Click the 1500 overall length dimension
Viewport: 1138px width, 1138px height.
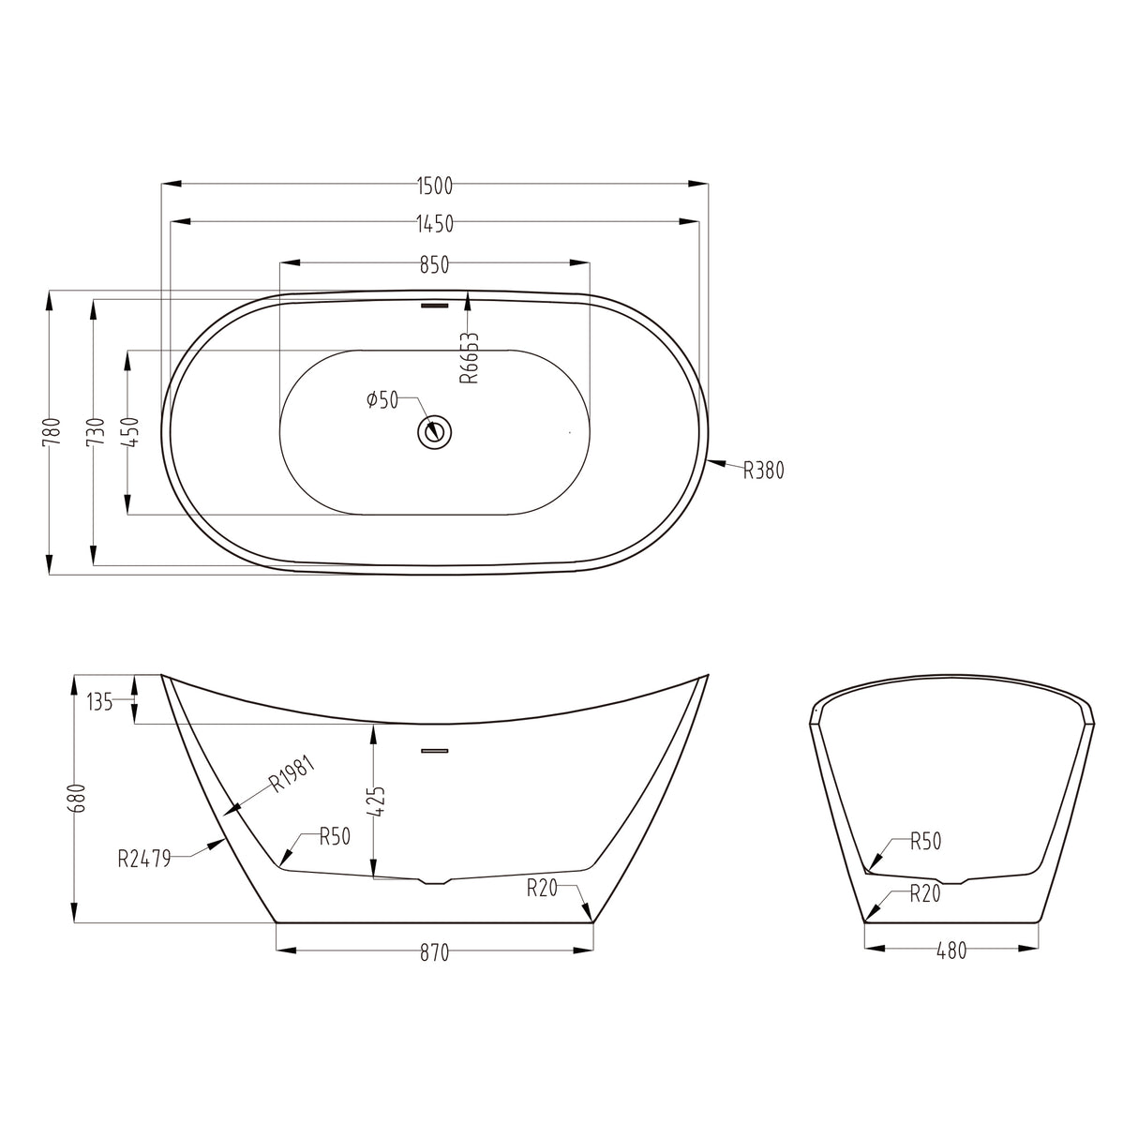coord(434,186)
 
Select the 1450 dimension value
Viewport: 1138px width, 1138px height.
coord(434,223)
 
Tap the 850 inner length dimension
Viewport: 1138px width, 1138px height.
coord(434,265)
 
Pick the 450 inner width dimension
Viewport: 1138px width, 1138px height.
coord(132,432)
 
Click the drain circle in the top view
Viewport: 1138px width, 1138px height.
coord(435,431)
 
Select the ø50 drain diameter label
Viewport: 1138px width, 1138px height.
coord(382,401)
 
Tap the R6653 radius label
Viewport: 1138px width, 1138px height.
coord(470,357)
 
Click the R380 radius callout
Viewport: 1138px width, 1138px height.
coord(763,471)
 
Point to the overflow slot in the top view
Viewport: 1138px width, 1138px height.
coord(435,304)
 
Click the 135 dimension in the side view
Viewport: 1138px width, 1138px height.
coord(99,701)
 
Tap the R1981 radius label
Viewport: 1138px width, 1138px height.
coord(292,773)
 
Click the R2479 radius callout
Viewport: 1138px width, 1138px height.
coord(144,858)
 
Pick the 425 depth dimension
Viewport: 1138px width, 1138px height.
coord(380,803)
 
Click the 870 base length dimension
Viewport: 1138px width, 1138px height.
coord(434,952)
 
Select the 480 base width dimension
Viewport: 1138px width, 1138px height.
coord(951,951)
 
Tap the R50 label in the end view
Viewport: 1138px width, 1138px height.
coord(925,841)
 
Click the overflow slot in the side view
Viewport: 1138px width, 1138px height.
coord(435,750)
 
